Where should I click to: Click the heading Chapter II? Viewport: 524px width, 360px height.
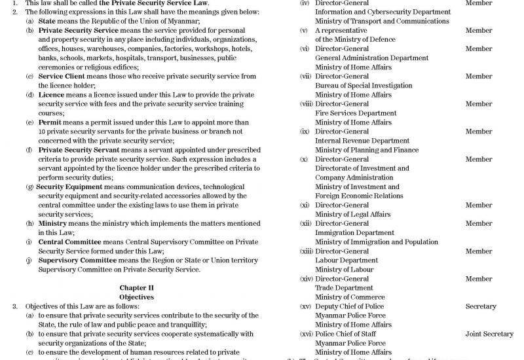[x=136, y=287]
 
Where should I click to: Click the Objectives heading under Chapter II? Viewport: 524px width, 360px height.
[x=136, y=297]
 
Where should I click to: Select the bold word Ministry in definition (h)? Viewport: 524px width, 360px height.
[x=53, y=223]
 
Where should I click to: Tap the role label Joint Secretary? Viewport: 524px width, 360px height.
[x=489, y=334]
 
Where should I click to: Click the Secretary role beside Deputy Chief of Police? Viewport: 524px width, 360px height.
[x=481, y=306]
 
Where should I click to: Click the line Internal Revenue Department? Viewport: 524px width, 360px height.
[x=362, y=141]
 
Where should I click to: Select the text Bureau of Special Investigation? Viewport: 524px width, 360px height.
[x=364, y=86]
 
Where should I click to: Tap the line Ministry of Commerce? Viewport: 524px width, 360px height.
[x=350, y=297]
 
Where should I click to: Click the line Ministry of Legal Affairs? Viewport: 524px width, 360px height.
[x=352, y=214]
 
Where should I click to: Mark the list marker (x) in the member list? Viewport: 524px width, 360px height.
[x=304, y=159]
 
